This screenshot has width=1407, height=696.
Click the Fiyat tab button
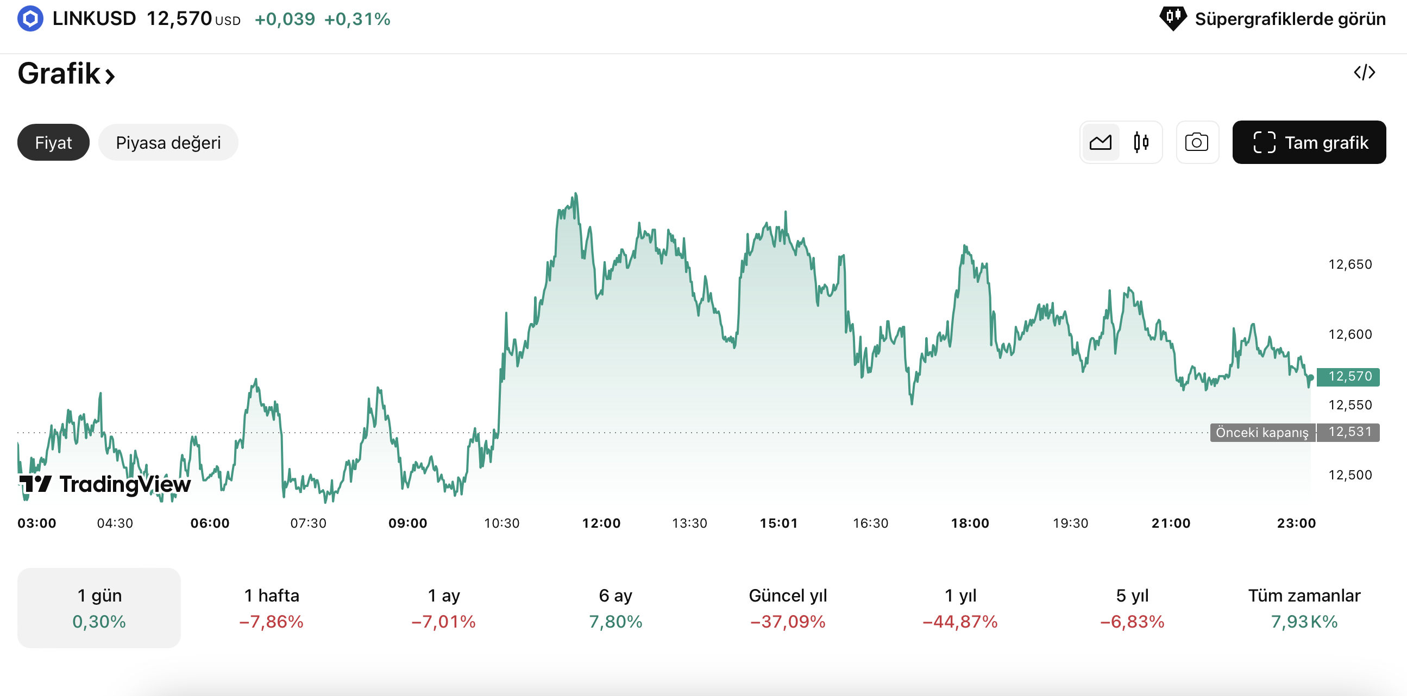(53, 142)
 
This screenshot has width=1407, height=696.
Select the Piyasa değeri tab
(168, 142)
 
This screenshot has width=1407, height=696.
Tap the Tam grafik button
(1309, 142)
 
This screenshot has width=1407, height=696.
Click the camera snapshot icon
(1196, 142)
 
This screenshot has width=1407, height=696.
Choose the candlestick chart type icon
(1140, 142)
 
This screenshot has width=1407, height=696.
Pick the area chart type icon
(1100, 142)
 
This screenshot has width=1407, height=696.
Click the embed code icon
(1364, 72)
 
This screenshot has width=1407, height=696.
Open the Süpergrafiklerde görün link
(1273, 19)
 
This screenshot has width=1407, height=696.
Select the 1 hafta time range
(272, 608)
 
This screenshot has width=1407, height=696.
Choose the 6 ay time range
(615, 608)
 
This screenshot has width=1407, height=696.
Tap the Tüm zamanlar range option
(1304, 608)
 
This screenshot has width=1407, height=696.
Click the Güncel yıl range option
(788, 608)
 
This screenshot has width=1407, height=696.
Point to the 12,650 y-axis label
(1349, 265)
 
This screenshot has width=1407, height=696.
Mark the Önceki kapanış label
(1261, 432)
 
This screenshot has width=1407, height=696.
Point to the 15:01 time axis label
(778, 523)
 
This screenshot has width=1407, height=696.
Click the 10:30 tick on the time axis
(501, 523)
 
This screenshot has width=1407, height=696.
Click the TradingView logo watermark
(105, 484)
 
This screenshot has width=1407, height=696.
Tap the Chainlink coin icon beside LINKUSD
(30, 19)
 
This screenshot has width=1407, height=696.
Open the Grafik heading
(66, 74)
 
